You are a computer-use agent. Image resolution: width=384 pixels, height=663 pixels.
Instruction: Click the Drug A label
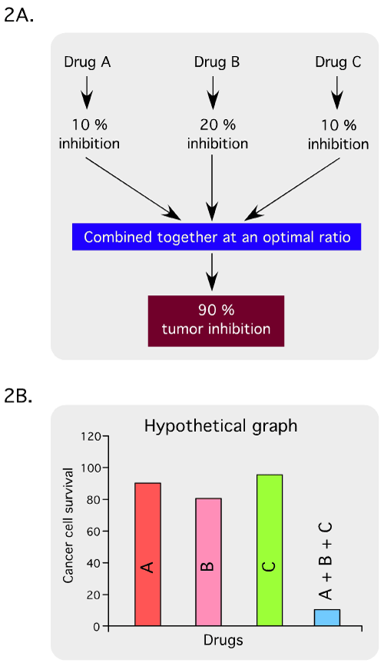coord(87,62)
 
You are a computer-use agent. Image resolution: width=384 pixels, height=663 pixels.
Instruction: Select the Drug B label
coord(217,62)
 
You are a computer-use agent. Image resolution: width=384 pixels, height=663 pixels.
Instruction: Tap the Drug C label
coord(339,62)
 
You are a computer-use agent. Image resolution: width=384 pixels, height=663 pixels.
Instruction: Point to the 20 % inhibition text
coord(217,134)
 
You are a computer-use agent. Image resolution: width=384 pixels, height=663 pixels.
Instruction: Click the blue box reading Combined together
coord(217,237)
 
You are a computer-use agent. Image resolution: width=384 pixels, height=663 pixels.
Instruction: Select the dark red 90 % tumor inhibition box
coord(216,321)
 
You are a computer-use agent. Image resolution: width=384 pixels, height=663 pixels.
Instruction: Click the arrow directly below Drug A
coord(86,92)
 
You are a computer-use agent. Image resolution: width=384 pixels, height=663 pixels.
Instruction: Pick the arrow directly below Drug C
coord(337,92)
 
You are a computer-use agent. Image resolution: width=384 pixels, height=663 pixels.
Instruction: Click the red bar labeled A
coord(147,554)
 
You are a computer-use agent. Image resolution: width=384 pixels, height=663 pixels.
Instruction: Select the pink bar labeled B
coord(208,562)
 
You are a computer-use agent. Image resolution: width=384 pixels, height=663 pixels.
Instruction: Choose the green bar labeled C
coord(270,550)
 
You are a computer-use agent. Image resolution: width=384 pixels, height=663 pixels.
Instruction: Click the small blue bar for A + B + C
coord(327,618)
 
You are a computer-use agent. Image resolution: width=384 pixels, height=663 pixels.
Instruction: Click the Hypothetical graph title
coord(220,426)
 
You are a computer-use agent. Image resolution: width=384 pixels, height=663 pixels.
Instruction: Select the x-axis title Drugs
coord(223,640)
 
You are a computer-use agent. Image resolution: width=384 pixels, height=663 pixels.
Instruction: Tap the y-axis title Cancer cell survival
coord(68,525)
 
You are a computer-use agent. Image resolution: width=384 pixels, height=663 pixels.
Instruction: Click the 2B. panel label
coord(18,398)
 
